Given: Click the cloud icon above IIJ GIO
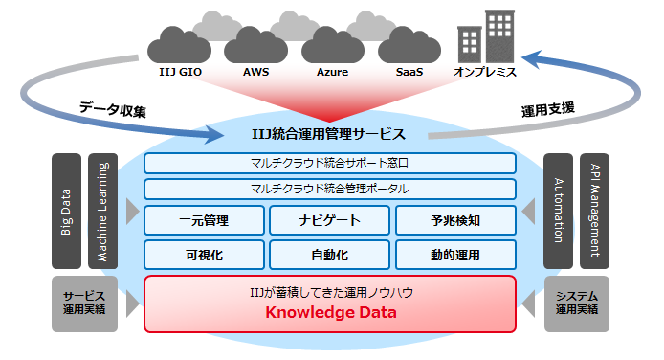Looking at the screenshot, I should tap(179, 44).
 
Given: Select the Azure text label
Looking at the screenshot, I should tap(332, 72).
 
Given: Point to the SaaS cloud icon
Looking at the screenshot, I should tap(409, 44).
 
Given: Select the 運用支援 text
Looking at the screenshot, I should tap(546, 108).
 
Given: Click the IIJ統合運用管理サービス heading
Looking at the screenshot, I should tap(334, 135).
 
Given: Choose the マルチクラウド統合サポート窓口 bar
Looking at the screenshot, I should tap(330, 164).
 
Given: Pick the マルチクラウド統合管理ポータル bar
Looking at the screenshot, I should tap(330, 189).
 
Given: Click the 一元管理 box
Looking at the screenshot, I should tap(204, 221).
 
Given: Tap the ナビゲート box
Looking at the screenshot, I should tap(329, 221).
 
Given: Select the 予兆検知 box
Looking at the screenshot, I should tap(455, 221).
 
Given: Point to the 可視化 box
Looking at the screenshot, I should tap(204, 256).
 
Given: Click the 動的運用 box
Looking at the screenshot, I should tap(455, 256).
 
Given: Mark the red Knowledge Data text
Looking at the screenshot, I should tap(330, 313).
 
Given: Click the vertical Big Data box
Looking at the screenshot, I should tap(66, 210).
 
